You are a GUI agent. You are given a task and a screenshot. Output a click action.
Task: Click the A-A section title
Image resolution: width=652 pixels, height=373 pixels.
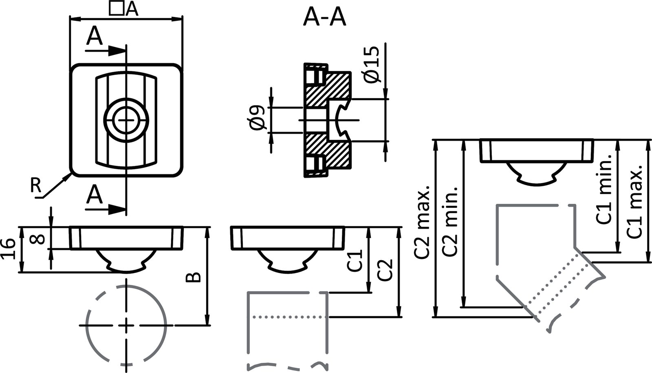[x=324, y=18]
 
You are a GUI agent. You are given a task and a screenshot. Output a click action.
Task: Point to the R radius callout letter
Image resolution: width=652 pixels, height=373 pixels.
[x=36, y=186]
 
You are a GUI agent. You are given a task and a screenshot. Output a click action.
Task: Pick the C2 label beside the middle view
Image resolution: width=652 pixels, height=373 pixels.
[x=385, y=269]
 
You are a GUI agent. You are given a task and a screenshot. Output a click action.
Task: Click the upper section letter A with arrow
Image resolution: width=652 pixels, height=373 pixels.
[x=95, y=38]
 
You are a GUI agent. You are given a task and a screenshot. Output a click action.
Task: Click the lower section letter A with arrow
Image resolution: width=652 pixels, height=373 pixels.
[x=95, y=195]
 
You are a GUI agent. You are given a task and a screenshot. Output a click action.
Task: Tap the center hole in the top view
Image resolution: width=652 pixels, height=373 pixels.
[x=126, y=120]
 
